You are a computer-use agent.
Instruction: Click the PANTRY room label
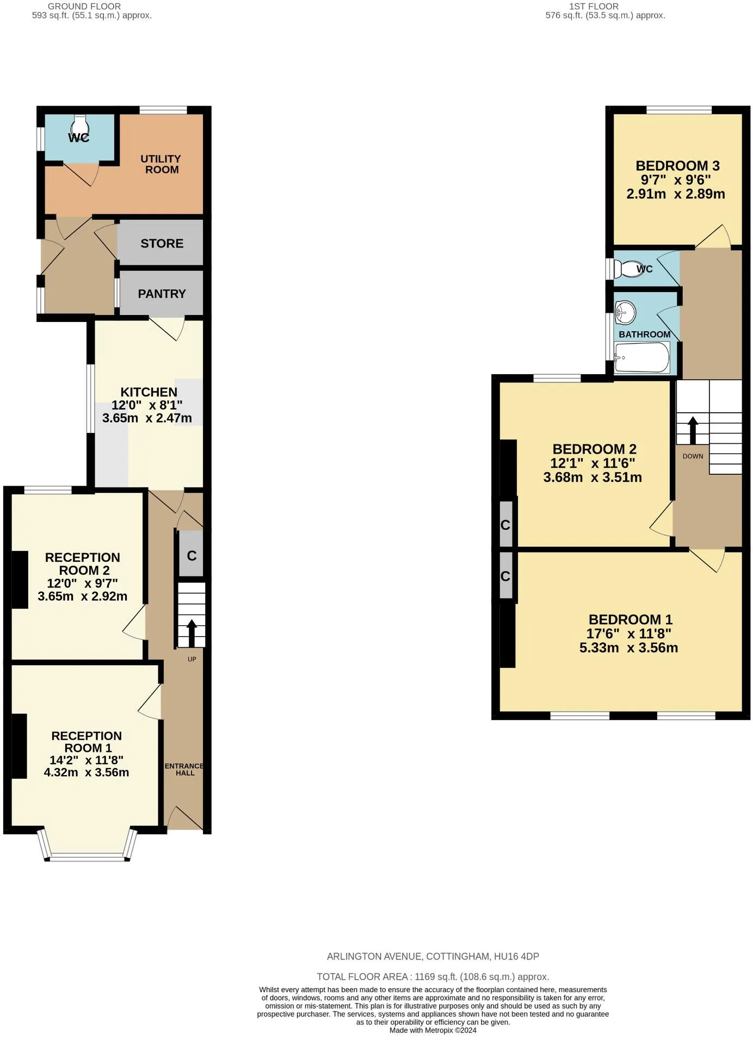pos(162,294)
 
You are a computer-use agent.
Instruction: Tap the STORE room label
pos(162,243)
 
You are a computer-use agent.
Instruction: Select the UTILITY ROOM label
pos(161,164)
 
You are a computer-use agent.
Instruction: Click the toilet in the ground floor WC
pos(79,125)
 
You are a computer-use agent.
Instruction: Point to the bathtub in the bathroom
pos(642,357)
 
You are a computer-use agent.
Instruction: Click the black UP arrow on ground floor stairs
pos(192,633)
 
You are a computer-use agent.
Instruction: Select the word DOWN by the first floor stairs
pos(693,456)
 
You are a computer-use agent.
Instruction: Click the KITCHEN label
pos(149,392)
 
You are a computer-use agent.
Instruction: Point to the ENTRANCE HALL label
pos(184,769)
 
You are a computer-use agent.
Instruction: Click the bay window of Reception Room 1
pos(88,846)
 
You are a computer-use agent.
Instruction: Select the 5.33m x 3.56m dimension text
pos(629,648)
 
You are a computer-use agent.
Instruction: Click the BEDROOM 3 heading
pos(677,166)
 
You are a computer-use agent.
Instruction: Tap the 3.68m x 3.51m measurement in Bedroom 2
pos(592,478)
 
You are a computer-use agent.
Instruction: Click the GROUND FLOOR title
pos(84,7)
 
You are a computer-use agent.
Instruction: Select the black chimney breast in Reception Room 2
pos(20,579)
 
